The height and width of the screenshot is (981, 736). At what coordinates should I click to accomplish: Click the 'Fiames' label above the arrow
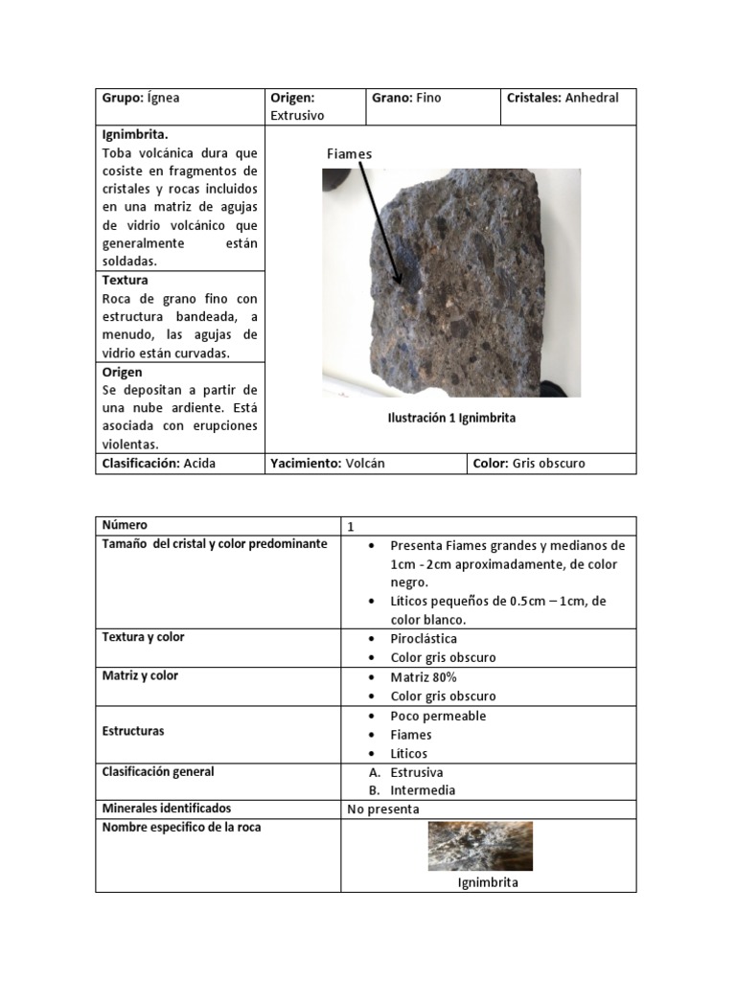pos(349,154)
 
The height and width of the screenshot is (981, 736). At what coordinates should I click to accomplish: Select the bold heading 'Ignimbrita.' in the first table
pos(135,135)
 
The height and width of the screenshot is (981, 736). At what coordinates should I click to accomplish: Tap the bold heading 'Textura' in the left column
pos(125,281)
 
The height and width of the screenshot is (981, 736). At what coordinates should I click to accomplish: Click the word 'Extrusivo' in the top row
pos(297,116)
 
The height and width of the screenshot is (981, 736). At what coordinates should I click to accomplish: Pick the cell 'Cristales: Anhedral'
pos(564,98)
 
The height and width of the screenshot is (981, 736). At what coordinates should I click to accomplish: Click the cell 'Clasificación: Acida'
pos(159,464)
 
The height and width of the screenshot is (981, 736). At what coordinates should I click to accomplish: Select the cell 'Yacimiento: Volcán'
pos(328,464)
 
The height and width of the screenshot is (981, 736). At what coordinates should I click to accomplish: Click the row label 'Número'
pos(126,525)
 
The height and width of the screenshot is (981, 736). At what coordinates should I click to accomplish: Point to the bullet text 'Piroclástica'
pos(424,639)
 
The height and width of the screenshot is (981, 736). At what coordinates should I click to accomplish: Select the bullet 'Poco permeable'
pos(438,716)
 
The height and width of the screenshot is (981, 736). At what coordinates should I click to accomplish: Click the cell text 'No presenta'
pos(383,809)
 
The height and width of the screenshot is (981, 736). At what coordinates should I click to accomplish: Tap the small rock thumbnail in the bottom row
pos(479,846)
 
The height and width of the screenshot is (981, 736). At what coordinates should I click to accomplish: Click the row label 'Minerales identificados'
pos(166,809)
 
